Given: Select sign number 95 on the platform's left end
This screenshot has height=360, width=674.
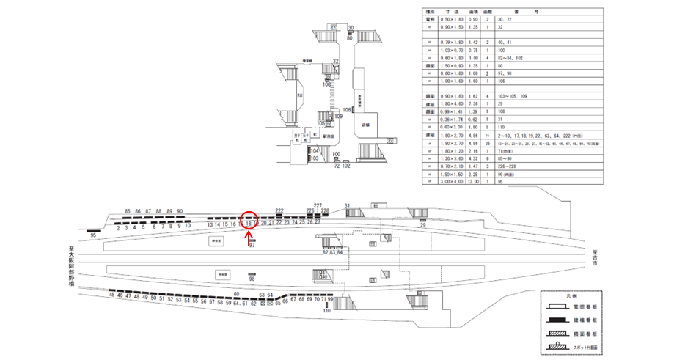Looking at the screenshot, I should (93, 235).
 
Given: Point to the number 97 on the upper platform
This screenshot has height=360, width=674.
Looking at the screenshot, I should (252, 246).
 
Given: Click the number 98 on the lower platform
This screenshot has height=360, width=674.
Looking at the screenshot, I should (252, 279).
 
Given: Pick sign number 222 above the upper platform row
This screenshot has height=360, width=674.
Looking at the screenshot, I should (279, 210).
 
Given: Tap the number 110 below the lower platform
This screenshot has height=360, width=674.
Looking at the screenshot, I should (327, 312).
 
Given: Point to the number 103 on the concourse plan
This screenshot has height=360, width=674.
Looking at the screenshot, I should (314, 158).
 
